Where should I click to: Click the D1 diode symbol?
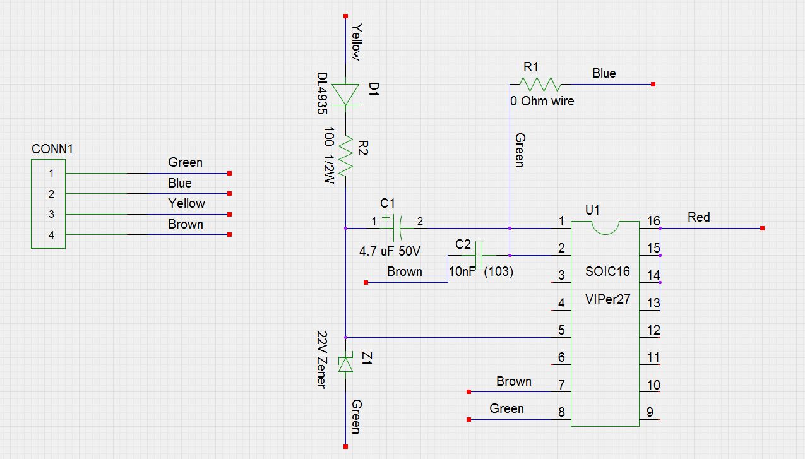pos(345,95)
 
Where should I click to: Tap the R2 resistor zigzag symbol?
pos(345,156)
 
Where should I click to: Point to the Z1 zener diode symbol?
pos(345,364)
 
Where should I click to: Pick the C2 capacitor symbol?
pos(479,255)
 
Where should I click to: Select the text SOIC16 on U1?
pos(607,272)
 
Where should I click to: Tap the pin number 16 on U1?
pos(653,221)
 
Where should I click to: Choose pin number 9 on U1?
pos(650,414)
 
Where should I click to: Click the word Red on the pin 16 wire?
pos(699,217)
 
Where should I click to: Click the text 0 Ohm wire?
pos(542,101)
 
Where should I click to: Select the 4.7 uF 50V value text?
pos(390,251)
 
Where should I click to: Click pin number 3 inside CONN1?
pos(52,214)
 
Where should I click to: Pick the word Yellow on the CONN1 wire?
pos(186,203)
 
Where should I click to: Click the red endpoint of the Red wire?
pos(763,228)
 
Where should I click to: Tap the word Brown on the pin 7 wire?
pos(514,381)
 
